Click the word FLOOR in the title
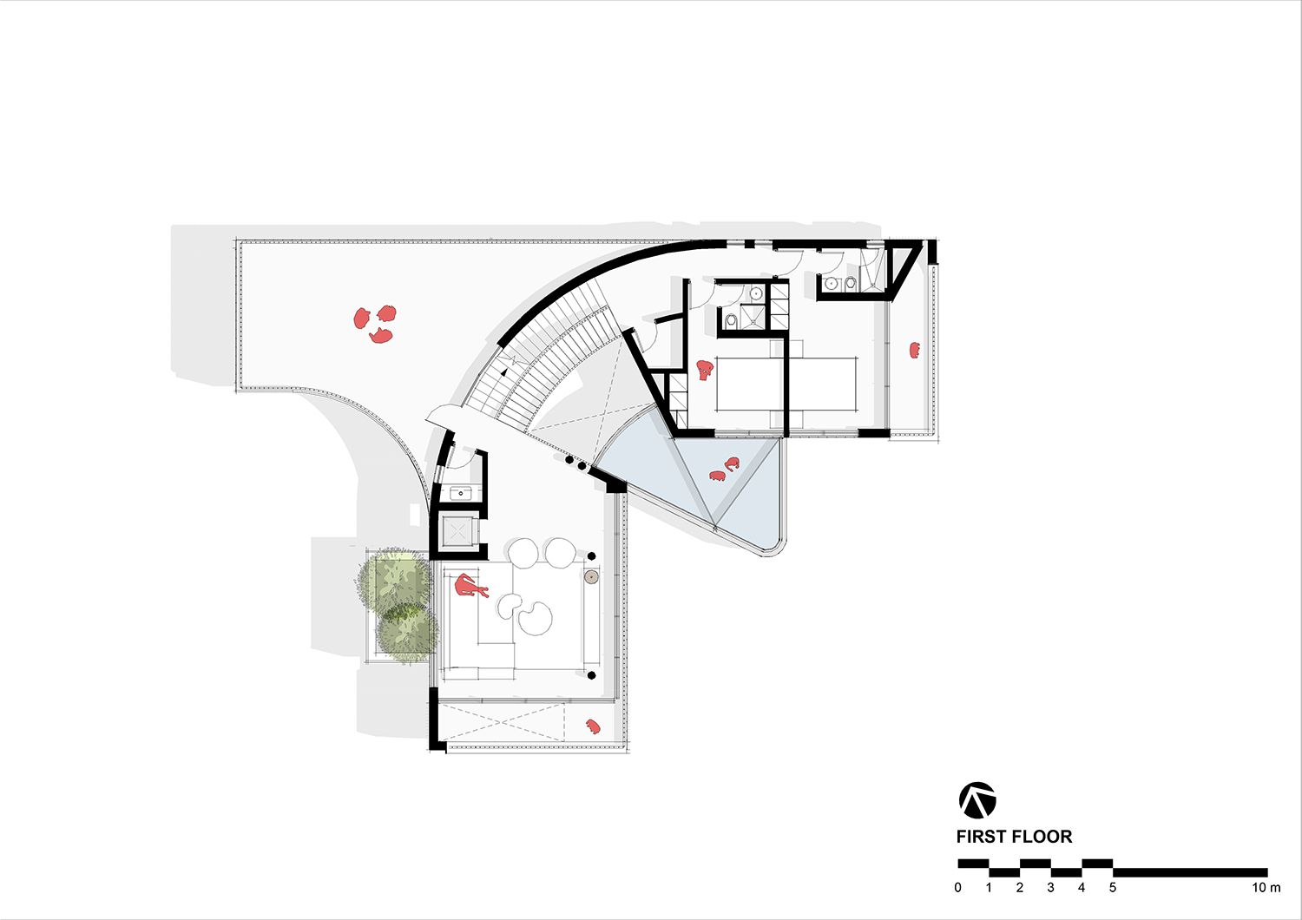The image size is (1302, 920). (x=1044, y=837)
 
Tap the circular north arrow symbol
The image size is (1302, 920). (x=977, y=800)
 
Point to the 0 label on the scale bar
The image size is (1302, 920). (x=957, y=888)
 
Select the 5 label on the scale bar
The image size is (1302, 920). (x=1112, y=888)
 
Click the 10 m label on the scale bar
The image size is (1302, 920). (x=1266, y=888)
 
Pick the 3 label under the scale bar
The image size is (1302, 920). (x=1050, y=888)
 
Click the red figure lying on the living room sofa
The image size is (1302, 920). (x=471, y=587)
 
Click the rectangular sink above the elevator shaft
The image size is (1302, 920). (x=461, y=494)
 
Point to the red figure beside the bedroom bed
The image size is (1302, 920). (x=704, y=371)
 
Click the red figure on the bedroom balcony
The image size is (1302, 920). (x=914, y=350)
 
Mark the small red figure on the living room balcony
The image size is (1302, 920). (x=593, y=726)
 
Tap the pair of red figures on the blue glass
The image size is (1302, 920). (x=724, y=470)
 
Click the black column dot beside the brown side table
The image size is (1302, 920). (x=592, y=555)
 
